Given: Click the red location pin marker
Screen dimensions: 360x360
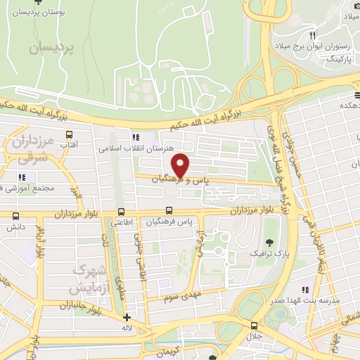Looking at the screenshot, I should click(181, 165).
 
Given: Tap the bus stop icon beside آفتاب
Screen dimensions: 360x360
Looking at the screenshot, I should click(69, 134).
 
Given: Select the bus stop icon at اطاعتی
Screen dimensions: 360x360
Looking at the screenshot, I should click(122, 212).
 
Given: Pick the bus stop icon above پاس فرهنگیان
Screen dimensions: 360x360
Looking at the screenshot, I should click(169, 211).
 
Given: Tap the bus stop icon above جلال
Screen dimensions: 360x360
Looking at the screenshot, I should click(255, 325).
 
